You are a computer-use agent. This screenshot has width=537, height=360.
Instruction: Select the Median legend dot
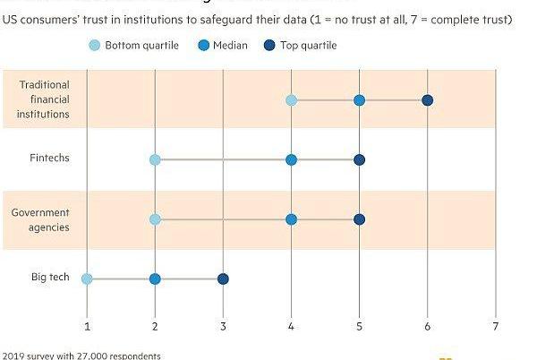[204, 46]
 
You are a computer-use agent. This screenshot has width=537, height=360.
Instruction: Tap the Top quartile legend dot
[270, 46]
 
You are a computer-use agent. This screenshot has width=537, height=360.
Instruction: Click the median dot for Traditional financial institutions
[359, 99]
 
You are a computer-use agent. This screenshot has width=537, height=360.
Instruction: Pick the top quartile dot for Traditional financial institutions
[427, 99]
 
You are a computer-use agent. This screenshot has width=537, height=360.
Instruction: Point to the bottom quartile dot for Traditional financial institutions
[291, 99]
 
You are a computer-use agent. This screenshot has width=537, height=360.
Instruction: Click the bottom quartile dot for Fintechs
[155, 159]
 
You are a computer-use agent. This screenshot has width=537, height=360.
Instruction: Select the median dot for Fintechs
[291, 159]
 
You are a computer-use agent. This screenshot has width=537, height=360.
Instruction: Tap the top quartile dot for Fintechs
[359, 159]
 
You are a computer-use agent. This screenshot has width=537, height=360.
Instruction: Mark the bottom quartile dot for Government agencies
[155, 219]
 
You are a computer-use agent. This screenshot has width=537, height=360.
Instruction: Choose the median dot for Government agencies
[291, 219]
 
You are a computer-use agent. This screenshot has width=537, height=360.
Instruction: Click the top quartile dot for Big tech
[223, 279]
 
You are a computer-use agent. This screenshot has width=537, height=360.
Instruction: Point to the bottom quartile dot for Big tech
[87, 279]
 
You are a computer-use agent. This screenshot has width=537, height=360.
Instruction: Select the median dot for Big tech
[155, 279]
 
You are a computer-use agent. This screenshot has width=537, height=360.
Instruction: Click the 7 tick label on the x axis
[495, 326]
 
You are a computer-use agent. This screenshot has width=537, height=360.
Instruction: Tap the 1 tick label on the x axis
[87, 326]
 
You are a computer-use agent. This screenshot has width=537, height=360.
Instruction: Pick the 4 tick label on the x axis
[291, 326]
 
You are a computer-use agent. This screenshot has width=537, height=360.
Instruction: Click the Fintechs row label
[48, 159]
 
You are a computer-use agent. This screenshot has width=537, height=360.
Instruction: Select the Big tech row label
[50, 278]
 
